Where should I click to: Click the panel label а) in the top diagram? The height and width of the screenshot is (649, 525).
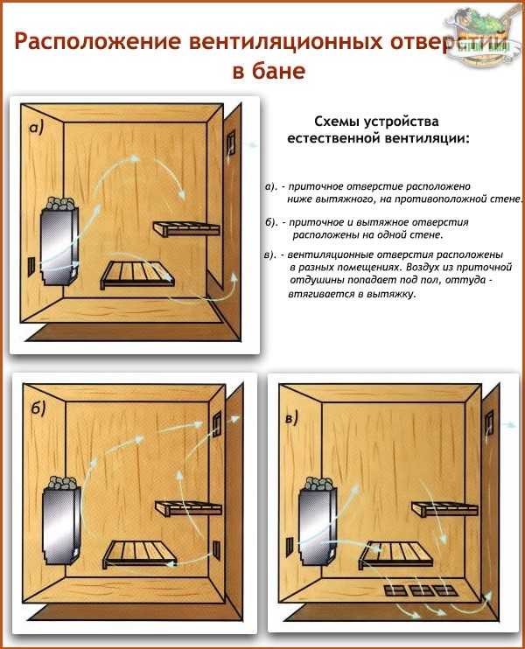click(36, 129)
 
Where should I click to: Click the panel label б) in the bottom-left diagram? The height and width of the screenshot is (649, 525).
click(38, 408)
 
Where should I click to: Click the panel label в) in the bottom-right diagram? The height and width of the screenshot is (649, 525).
click(291, 418)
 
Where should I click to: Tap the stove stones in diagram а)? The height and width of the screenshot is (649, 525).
click(60, 203)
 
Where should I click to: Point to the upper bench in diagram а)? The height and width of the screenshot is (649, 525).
click(186, 228)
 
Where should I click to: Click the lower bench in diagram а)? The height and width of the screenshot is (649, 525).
click(137, 275)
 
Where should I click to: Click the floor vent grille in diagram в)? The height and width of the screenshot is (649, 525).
click(421, 590)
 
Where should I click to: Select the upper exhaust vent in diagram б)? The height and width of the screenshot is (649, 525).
click(217, 422)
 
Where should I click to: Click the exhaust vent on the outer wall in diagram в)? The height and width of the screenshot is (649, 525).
click(489, 422)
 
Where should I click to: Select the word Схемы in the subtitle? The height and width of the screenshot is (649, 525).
click(337, 122)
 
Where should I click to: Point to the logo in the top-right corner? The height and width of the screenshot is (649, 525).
click(483, 35)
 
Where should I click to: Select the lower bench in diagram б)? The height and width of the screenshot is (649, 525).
click(140, 554)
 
